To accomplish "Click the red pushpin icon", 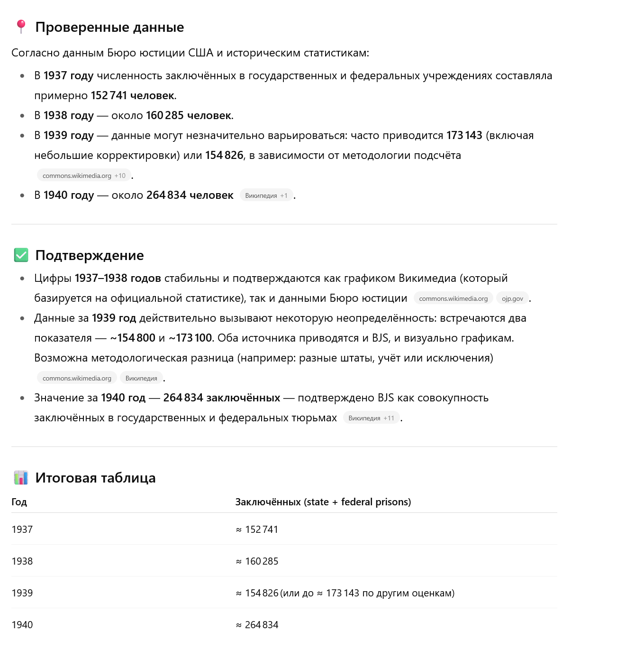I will coord(21,27).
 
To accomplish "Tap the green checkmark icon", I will coord(21,255).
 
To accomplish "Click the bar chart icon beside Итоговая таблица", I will coord(21,477).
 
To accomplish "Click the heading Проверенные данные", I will coord(109,27).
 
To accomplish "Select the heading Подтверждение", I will coord(90,255).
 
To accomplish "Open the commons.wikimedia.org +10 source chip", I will coord(84,176).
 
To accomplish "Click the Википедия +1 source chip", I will coord(266,195).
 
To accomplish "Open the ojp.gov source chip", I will coord(512,298).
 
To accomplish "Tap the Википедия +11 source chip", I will coord(371,418).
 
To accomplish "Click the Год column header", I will coord(19,502).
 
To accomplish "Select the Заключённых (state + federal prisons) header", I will coord(323,502).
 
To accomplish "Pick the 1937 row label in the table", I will coord(22,530).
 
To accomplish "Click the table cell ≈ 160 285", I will coord(257,561).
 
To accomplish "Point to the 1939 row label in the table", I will coord(22,593).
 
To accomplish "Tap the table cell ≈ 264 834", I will coord(257,625).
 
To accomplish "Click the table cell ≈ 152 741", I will coord(257,530).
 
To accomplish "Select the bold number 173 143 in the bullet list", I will coord(464,136).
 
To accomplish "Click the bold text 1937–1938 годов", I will coord(118,279).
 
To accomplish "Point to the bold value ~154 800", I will coord(133,338).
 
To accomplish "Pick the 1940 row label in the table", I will coord(22,625).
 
